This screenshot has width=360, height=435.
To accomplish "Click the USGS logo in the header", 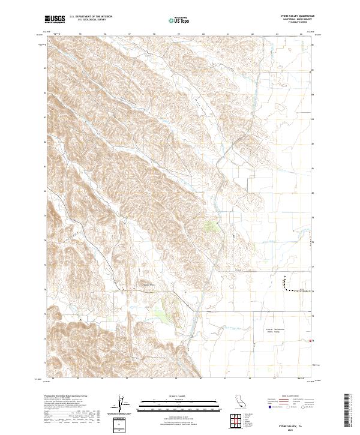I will tap(55, 19).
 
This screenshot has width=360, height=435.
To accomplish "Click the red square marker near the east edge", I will tap(310, 341).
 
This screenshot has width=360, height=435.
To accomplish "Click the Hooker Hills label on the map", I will tap(146, 285).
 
